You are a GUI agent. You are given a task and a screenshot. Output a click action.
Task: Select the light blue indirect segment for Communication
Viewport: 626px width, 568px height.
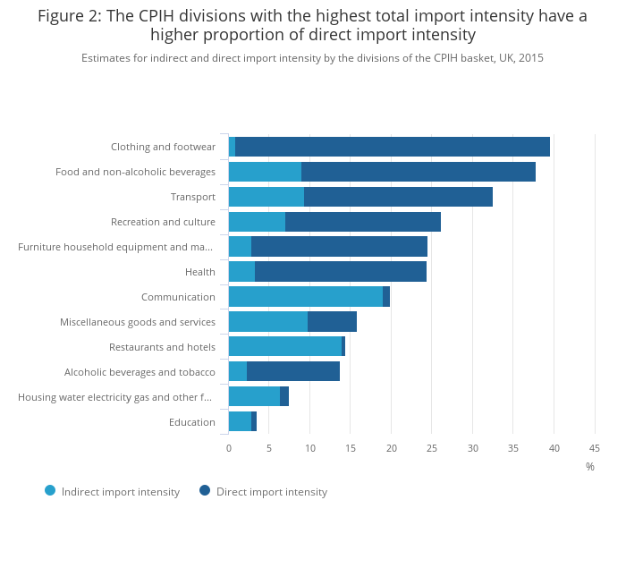pyautogui.click(x=305, y=297)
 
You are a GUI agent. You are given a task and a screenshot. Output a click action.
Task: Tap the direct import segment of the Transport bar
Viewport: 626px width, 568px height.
pyautogui.click(x=398, y=197)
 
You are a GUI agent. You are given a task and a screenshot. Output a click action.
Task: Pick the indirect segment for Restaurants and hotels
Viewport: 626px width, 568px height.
pyautogui.click(x=284, y=347)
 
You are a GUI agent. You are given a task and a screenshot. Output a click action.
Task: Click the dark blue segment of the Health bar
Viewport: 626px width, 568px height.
pyautogui.click(x=340, y=272)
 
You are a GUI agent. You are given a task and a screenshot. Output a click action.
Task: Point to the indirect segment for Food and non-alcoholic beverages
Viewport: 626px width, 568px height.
pyautogui.click(x=265, y=172)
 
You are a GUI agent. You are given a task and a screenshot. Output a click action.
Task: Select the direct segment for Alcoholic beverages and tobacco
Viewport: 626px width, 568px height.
pyautogui.click(x=292, y=372)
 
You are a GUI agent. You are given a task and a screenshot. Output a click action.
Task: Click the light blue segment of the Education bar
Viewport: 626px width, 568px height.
pyautogui.click(x=240, y=422)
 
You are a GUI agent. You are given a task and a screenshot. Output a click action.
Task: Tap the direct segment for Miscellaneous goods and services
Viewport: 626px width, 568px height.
pyautogui.click(x=332, y=322)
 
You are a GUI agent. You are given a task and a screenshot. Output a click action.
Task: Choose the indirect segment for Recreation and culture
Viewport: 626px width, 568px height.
pyautogui.click(x=257, y=222)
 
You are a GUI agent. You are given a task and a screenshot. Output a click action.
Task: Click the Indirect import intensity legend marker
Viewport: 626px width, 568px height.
pyautogui.click(x=50, y=490)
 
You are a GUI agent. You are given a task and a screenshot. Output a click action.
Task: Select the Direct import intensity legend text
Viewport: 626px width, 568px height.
pyautogui.click(x=272, y=492)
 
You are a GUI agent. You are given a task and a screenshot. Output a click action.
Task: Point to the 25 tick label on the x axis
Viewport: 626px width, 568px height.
pyautogui.click(x=432, y=448)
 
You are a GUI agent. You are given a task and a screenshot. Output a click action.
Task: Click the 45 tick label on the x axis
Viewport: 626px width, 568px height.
pyautogui.click(x=595, y=448)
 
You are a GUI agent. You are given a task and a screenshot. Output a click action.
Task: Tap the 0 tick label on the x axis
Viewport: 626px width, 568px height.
pyautogui.click(x=229, y=448)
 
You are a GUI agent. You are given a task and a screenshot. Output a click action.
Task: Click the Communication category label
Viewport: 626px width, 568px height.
pyautogui.click(x=178, y=297)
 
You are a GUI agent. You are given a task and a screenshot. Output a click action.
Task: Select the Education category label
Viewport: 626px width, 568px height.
pyautogui.click(x=191, y=422)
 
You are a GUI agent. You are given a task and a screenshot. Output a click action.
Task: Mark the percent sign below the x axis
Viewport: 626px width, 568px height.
pyautogui.click(x=590, y=467)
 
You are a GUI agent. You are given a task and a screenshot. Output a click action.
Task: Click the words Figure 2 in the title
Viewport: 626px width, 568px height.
pyautogui.click(x=68, y=16)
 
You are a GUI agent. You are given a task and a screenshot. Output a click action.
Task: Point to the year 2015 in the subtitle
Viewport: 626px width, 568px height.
pyautogui.click(x=530, y=58)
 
